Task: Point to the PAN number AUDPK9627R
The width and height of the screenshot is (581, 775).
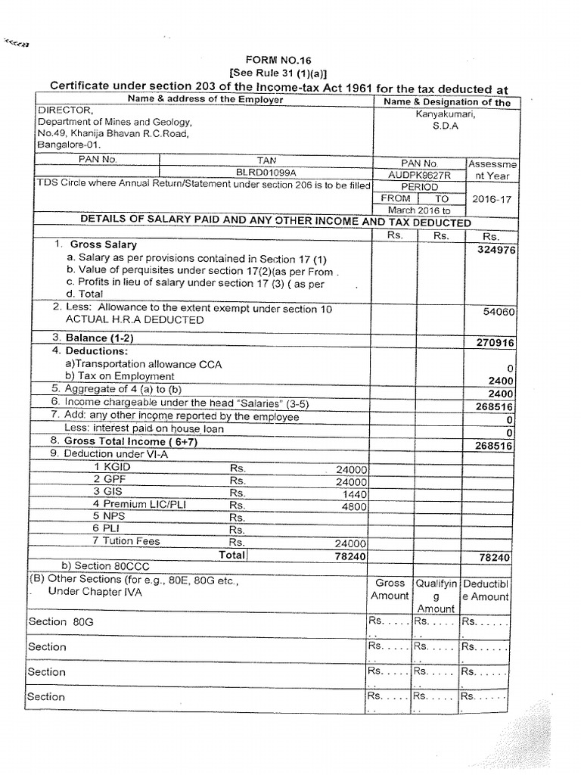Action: tap(420, 173)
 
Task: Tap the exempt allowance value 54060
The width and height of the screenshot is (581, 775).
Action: tap(499, 310)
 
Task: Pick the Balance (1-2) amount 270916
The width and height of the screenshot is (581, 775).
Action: tap(496, 342)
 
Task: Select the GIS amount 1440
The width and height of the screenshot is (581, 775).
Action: tap(354, 493)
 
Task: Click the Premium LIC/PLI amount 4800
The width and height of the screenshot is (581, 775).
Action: tap(354, 506)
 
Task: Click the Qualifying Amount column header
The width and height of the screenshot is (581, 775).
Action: tap(436, 596)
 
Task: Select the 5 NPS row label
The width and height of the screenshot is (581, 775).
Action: tap(110, 518)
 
